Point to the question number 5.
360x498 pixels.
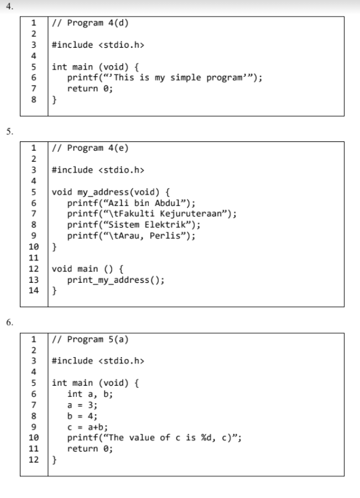(9, 131)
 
